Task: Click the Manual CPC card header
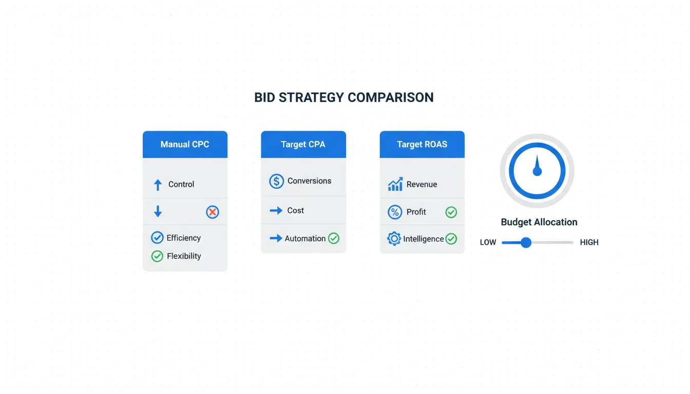(185, 144)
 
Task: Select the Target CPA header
(303, 144)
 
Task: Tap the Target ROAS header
(422, 144)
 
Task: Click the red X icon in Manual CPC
(213, 212)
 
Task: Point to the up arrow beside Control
(158, 185)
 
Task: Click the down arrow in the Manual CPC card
(158, 211)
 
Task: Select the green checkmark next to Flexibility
(157, 256)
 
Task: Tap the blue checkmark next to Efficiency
(157, 238)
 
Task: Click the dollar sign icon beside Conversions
(276, 181)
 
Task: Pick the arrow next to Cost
(276, 210)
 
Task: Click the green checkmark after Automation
(334, 238)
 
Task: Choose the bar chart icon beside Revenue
(395, 184)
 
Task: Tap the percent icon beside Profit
(395, 212)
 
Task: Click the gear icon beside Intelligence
(394, 239)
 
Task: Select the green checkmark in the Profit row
(451, 212)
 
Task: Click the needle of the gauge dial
(537, 166)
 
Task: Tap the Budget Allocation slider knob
(526, 243)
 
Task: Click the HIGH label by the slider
(589, 243)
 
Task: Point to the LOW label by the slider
(488, 243)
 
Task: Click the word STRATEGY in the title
(312, 97)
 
